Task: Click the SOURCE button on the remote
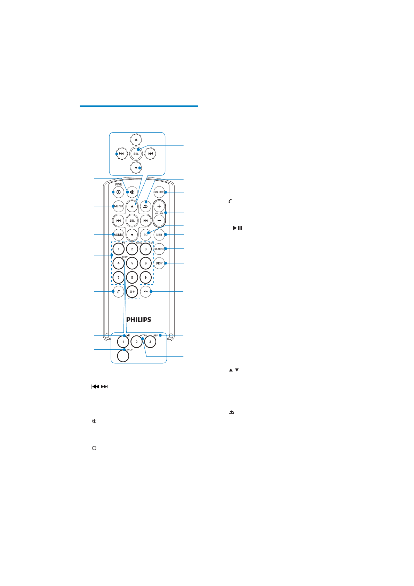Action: coord(159,192)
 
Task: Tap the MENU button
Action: coord(119,206)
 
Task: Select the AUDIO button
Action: coord(119,235)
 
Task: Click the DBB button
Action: coord(159,235)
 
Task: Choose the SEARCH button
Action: coord(159,249)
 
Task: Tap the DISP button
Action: coord(159,263)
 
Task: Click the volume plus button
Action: coord(159,206)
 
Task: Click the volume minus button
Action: coord(159,221)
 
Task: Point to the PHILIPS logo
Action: coord(138,319)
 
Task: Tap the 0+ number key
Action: coord(132,292)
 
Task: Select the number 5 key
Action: coord(132,263)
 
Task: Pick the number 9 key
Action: coord(145,278)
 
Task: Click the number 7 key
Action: coord(119,278)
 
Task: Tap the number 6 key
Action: coord(145,263)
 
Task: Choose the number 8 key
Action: coord(132,278)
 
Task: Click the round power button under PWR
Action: coord(119,192)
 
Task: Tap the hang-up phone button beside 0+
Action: coord(145,292)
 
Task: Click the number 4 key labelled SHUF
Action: coord(119,263)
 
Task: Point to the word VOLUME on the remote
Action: coord(159,214)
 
